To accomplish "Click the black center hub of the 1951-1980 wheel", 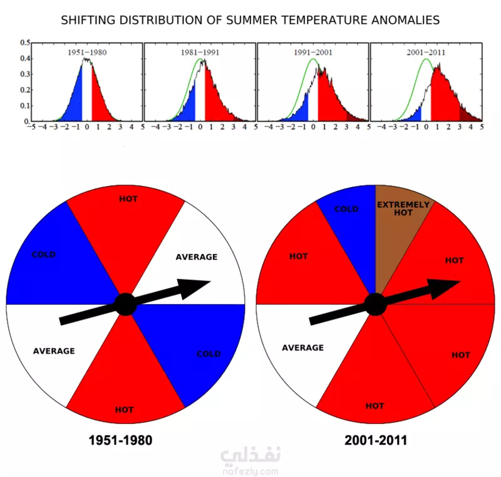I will pyautogui.click(x=125, y=305).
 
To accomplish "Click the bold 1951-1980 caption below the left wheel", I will pyautogui.click(x=120, y=441).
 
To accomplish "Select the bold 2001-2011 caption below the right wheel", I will pyautogui.click(x=375, y=441).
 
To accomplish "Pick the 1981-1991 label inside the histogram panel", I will pyautogui.click(x=200, y=53).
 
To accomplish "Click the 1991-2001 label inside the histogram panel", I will pyautogui.click(x=313, y=53).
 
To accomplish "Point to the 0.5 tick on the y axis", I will pyautogui.click(x=25, y=43).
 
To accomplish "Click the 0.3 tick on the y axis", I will pyautogui.click(x=25, y=74).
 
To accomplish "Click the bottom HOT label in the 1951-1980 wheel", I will pyautogui.click(x=125, y=410).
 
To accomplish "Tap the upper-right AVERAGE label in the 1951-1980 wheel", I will pyautogui.click(x=197, y=257).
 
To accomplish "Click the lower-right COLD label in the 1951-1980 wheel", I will pyautogui.click(x=209, y=354).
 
